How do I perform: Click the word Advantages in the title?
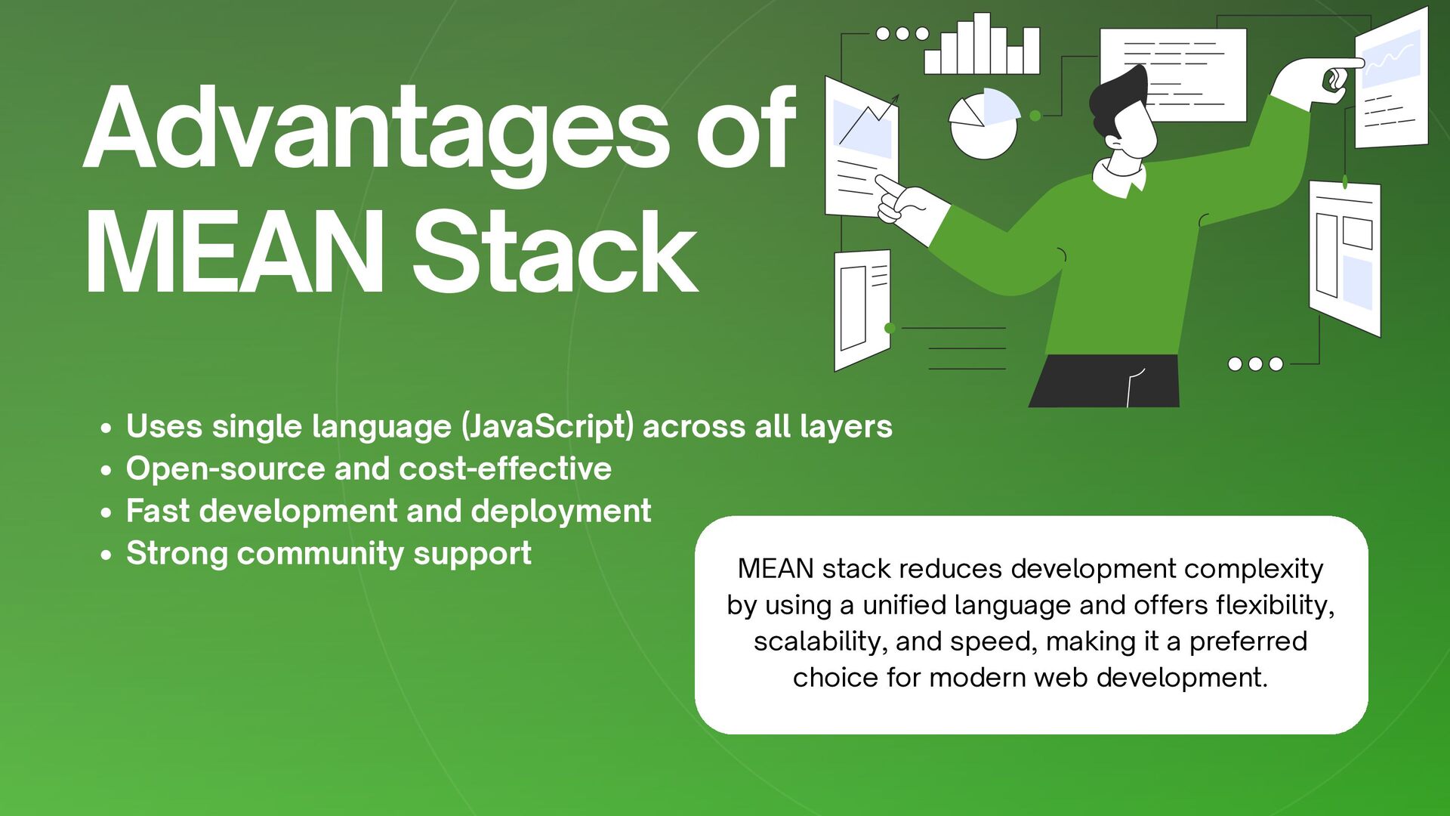click(375, 130)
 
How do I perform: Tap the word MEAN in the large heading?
click(234, 253)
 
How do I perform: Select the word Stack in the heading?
click(555, 253)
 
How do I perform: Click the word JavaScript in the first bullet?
click(548, 427)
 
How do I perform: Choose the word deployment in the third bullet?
click(560, 512)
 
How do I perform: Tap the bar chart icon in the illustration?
click(982, 45)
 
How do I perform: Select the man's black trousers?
click(1105, 382)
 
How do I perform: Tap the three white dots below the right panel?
click(1255, 364)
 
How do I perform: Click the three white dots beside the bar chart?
click(902, 34)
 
